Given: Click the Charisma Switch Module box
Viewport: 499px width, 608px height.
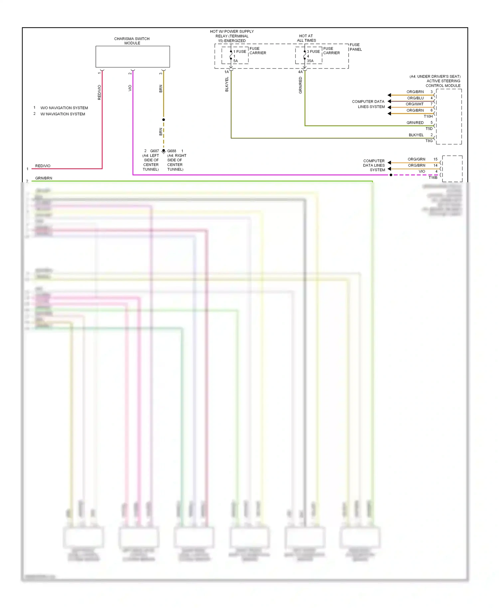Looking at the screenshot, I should click(132, 57).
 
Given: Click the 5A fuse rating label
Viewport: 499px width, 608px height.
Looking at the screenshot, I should click(236, 61).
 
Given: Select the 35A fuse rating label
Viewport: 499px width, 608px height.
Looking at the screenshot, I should click(310, 61).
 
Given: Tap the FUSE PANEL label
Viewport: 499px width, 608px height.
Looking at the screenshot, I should click(355, 47).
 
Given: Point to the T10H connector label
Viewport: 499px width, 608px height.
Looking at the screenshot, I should click(428, 116).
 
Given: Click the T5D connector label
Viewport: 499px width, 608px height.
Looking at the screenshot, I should click(429, 129).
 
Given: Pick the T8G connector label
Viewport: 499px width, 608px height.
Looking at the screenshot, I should click(429, 141).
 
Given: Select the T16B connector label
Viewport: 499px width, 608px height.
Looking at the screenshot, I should click(432, 178).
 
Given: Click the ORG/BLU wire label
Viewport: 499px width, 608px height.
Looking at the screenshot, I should click(415, 98).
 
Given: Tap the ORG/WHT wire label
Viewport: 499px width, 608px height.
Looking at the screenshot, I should click(415, 104).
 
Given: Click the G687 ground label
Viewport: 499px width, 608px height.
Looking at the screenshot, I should click(154, 151).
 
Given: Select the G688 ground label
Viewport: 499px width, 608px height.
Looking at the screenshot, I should click(172, 151).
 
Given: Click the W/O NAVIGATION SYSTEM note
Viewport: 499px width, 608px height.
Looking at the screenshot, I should click(64, 108).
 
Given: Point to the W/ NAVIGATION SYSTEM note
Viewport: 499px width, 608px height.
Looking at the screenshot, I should click(63, 114).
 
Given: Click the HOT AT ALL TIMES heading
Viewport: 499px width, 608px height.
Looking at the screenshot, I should click(306, 38).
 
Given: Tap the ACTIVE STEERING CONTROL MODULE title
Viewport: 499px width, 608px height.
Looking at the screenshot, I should click(443, 83).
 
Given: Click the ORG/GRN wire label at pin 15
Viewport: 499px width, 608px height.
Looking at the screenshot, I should click(416, 159).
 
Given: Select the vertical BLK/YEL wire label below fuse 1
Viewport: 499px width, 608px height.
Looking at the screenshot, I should click(227, 84).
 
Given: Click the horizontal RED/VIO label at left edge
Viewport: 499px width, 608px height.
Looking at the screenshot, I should click(43, 166).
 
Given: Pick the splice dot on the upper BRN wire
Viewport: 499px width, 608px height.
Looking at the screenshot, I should click(163, 120).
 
